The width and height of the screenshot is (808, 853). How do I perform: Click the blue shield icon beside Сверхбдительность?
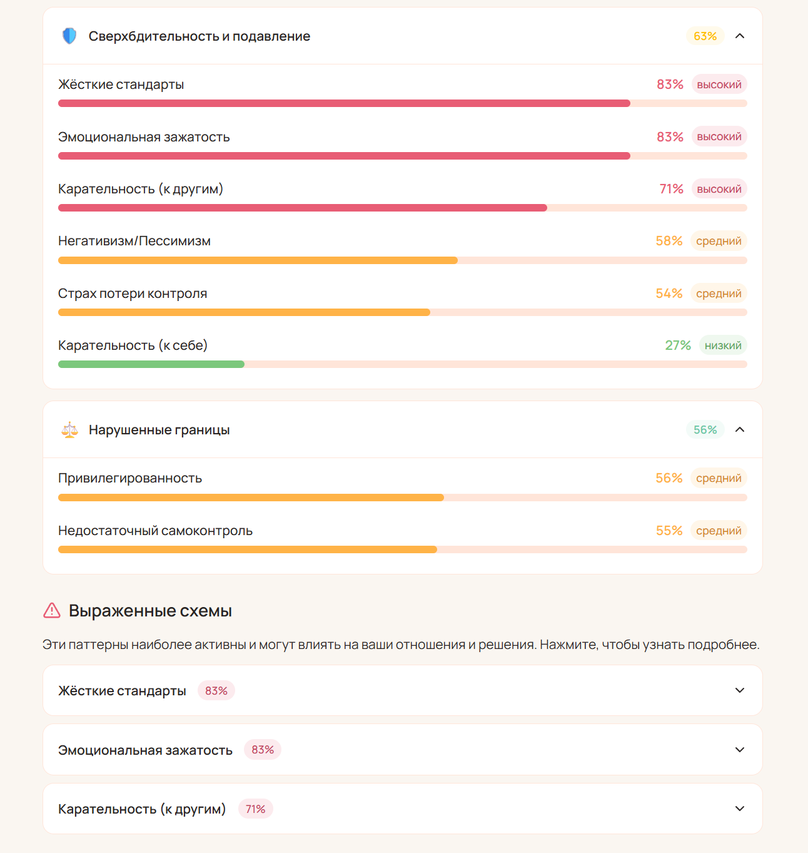tap(69, 36)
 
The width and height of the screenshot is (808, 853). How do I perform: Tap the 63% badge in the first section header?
tap(705, 36)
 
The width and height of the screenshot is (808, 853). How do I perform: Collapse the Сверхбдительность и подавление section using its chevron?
tap(740, 36)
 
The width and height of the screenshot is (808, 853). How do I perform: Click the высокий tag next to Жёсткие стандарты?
tap(719, 84)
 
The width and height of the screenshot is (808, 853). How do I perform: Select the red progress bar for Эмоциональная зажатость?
tap(344, 156)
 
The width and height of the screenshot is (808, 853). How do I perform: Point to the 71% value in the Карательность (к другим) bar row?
tap(671, 189)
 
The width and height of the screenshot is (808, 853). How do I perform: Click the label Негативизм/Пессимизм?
tap(134, 241)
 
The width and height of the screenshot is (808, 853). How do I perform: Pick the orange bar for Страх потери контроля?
tap(244, 312)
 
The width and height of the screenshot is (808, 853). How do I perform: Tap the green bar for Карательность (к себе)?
tap(151, 364)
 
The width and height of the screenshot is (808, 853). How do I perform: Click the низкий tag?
tap(723, 345)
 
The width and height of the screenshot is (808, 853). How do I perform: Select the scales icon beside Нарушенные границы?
tap(69, 430)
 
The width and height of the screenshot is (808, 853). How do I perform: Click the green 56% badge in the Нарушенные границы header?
tap(705, 430)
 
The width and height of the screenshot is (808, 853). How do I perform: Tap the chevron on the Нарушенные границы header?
tap(740, 430)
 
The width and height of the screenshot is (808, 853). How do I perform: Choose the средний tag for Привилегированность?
tap(719, 478)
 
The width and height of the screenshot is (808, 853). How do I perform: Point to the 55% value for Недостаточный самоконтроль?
tap(669, 531)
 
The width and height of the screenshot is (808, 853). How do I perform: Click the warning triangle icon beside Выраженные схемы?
tap(52, 611)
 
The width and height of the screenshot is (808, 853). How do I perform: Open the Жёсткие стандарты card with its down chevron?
tap(740, 690)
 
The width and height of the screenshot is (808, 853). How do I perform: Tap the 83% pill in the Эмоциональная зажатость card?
tap(263, 750)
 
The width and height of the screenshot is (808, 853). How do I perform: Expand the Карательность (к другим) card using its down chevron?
tap(740, 809)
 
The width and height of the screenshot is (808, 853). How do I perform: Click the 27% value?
tap(678, 345)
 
